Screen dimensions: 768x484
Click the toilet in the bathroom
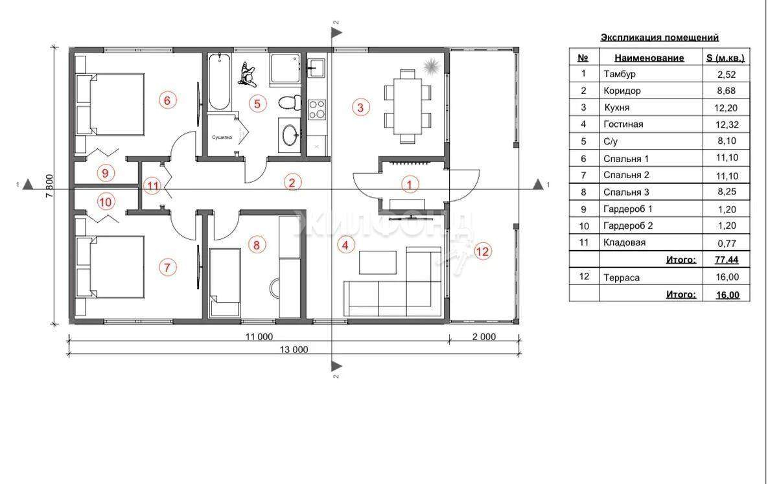pyautogui.click(x=289, y=102)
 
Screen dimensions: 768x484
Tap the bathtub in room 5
pyautogui.click(x=219, y=82)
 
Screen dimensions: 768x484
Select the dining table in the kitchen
pyautogui.click(x=408, y=106)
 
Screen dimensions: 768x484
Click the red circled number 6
pyautogui.click(x=167, y=100)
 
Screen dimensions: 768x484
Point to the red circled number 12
pyautogui.click(x=482, y=251)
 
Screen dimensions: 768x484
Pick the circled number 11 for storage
pyautogui.click(x=153, y=186)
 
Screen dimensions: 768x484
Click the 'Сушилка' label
pyautogui.click(x=222, y=137)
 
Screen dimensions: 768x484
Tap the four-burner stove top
pyautogui.click(x=317, y=109)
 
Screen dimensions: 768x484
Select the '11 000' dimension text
pyautogui.click(x=259, y=336)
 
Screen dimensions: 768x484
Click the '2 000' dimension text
pyautogui.click(x=484, y=336)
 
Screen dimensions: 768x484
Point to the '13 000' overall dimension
pyautogui.click(x=294, y=349)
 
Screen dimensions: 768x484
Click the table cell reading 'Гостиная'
pyautogui.click(x=623, y=124)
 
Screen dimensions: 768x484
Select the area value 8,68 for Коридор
pyautogui.click(x=726, y=91)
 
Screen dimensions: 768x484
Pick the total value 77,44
pyautogui.click(x=727, y=260)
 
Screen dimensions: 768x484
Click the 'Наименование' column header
pyautogui.click(x=649, y=58)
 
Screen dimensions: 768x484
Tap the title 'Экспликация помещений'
pyautogui.click(x=659, y=37)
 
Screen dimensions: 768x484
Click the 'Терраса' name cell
pyautogui.click(x=622, y=277)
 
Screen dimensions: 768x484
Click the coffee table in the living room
pyautogui.click(x=378, y=262)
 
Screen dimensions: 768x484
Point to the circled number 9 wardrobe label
pyautogui.click(x=105, y=172)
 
